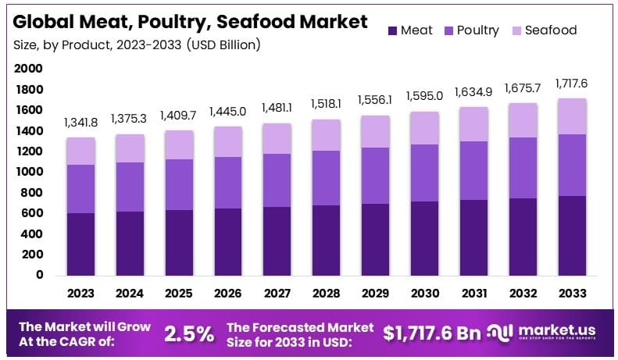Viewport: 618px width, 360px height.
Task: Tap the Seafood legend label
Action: coord(551,30)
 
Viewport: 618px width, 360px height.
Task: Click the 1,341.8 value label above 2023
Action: coord(80,123)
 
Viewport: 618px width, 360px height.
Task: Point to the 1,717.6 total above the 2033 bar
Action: coord(572,84)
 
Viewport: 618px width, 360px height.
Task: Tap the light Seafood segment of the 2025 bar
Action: coord(180,144)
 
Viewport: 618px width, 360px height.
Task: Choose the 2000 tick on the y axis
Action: coord(29,69)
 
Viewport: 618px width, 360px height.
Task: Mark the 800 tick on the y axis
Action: coord(32,193)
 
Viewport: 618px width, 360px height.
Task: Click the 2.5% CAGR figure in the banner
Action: coord(189,333)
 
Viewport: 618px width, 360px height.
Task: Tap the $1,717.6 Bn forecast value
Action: coord(432,333)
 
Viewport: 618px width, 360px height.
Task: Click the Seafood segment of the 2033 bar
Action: coord(572,116)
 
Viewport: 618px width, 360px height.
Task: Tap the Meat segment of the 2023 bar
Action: coord(81,244)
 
